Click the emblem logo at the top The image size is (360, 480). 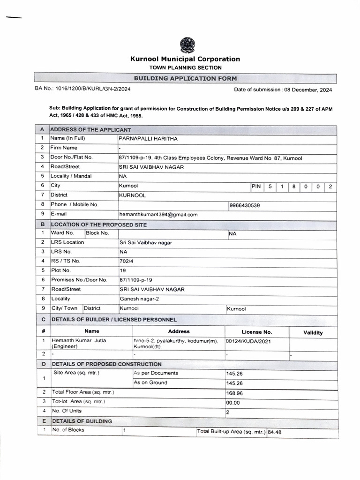pyautogui.click(x=187, y=45)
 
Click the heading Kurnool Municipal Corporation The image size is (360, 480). pyautogui.click(x=185, y=59)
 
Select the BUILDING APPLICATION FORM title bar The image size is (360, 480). pyautogui.click(x=185, y=79)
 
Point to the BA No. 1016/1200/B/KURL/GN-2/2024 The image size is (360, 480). pyautogui.click(x=82, y=89)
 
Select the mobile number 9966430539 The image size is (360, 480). pyautogui.click(x=245, y=205)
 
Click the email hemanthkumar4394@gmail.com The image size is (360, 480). pyautogui.click(x=158, y=215)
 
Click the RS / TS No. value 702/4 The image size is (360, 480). pyautogui.click(x=126, y=261)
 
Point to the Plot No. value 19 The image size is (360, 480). pyautogui.click(x=122, y=270)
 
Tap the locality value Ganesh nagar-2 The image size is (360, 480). pyautogui.click(x=139, y=299)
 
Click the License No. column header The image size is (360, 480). pyautogui.click(x=256, y=332)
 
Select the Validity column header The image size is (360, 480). pyautogui.click(x=313, y=333)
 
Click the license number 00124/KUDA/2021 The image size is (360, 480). pyautogui.click(x=248, y=341)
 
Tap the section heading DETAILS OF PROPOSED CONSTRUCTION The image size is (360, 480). pyautogui.click(x=106, y=364)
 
